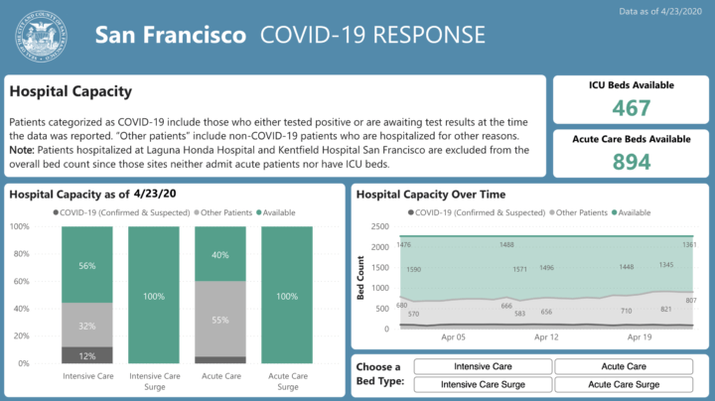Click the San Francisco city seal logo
click(x=44, y=37)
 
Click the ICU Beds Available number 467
click(x=631, y=109)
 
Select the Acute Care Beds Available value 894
click(x=631, y=162)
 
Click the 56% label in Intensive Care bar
click(x=86, y=266)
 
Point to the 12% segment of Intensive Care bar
click(x=86, y=355)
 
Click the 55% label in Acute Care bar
click(x=219, y=321)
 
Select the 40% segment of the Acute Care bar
click(x=219, y=254)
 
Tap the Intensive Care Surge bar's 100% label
click(x=153, y=296)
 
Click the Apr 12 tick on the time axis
click(x=545, y=337)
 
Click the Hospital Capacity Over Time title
click(x=430, y=195)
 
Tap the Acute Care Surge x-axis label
click(x=287, y=381)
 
